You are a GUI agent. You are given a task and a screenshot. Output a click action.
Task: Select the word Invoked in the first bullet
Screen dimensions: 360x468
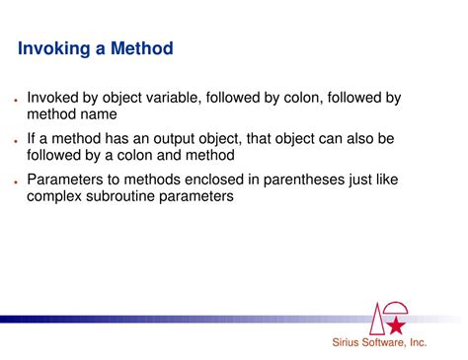(56, 98)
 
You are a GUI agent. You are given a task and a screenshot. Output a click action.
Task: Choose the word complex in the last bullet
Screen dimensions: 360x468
(56, 196)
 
